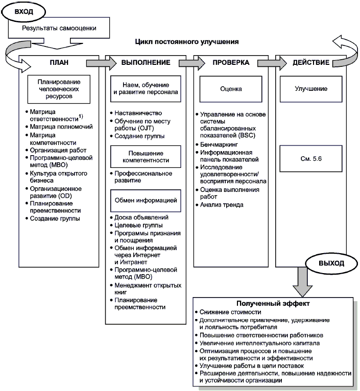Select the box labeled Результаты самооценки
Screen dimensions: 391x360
click(x=59, y=29)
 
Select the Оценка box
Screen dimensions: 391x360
click(x=231, y=89)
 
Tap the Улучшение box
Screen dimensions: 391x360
click(x=311, y=89)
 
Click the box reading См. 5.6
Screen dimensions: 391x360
click(x=311, y=159)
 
